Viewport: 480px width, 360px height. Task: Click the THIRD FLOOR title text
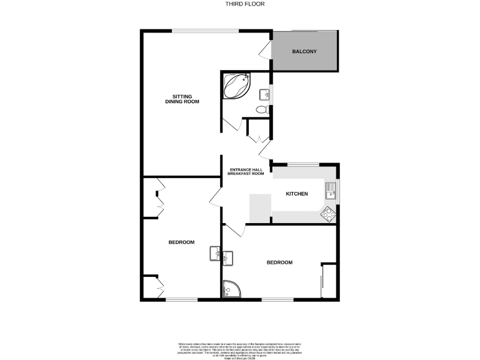pyautogui.click(x=239, y=4)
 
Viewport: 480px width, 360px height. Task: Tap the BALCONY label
pyautogui.click(x=305, y=51)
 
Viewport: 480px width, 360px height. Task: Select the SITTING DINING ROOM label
pyautogui.click(x=182, y=99)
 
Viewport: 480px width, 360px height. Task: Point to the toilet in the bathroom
pyautogui.click(x=262, y=109)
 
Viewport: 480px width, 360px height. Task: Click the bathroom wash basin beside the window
pyautogui.click(x=266, y=95)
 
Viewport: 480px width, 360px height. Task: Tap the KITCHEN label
pyautogui.click(x=297, y=194)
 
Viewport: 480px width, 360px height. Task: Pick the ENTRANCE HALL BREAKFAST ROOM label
pyautogui.click(x=246, y=171)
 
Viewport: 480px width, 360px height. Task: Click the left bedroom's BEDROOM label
pyautogui.click(x=181, y=242)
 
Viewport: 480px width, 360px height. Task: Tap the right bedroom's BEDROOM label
pyautogui.click(x=279, y=262)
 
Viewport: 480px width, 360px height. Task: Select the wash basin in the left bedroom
pyautogui.click(x=214, y=253)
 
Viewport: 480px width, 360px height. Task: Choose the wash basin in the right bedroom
pyautogui.click(x=228, y=256)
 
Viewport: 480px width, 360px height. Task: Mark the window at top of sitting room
pyautogui.click(x=201, y=31)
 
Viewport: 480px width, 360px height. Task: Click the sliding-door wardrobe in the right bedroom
pyautogui.click(x=329, y=281)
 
